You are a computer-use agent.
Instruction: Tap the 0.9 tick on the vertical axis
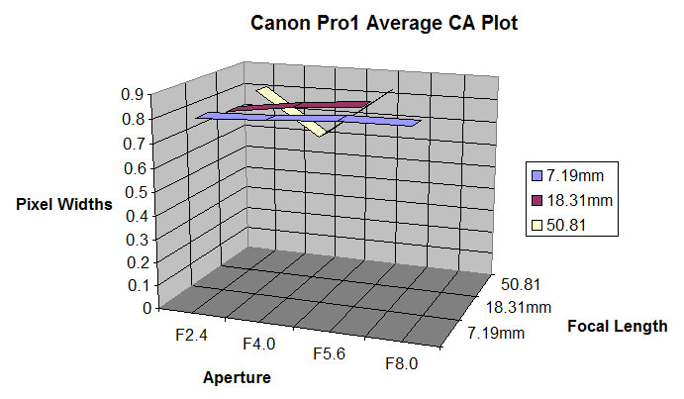coord(134,95)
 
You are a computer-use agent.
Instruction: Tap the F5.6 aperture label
coord(331,354)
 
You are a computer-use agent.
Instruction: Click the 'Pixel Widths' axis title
coord(63,204)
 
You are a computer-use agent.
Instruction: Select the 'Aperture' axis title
coord(237,377)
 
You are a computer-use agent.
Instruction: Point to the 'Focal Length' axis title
coord(619,325)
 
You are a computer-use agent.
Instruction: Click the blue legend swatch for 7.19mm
coord(537,176)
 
